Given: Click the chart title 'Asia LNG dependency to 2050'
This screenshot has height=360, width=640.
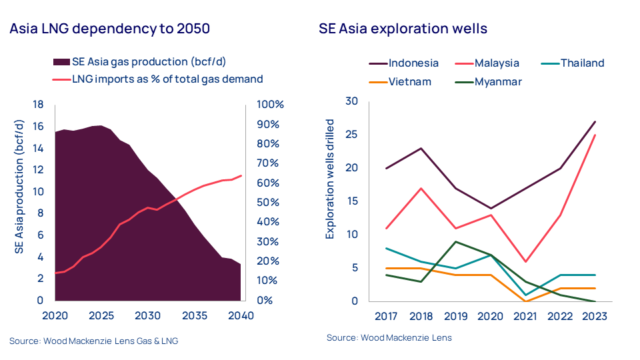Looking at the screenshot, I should click(109, 29).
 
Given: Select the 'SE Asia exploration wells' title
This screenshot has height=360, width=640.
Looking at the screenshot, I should click(403, 29).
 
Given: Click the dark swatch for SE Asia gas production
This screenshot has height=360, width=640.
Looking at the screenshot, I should click(61, 62).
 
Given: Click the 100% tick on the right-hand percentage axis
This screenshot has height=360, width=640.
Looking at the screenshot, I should click(271, 105).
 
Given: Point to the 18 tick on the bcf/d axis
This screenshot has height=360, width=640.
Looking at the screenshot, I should click(38, 105).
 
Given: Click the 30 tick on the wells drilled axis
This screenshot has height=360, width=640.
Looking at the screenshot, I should click(351, 101).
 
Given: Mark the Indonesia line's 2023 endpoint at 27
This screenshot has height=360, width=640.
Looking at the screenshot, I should click(594, 121).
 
